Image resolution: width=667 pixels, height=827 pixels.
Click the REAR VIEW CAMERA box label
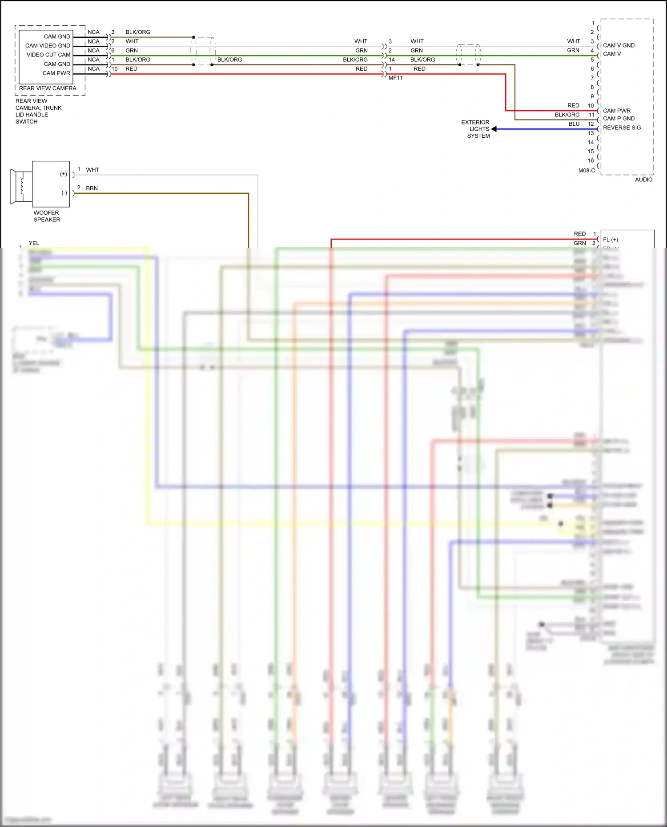coord(48,88)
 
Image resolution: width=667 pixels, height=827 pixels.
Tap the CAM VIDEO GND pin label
coord(48,46)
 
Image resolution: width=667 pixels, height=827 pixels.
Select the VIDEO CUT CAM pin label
coord(48,55)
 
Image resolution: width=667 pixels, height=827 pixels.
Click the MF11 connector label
coord(395,78)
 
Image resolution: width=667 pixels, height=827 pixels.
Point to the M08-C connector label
coord(587,171)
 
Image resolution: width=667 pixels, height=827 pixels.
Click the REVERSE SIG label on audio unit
coord(622,128)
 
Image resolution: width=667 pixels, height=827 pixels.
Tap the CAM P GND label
coord(619,119)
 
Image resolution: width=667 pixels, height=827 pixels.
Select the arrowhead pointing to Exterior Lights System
coord(494,129)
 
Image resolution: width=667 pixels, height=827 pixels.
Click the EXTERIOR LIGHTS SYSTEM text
coord(475,129)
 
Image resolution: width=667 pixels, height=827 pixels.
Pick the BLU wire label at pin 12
coord(574,124)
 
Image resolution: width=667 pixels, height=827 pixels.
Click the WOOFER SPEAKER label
coord(46,216)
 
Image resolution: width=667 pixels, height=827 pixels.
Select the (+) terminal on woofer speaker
coord(64,174)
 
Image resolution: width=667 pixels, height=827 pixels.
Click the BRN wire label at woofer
coord(92,188)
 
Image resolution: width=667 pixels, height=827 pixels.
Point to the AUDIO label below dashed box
coord(643,180)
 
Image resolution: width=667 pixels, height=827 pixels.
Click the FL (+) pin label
coord(610,240)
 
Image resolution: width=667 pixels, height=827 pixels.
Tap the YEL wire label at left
coord(34,243)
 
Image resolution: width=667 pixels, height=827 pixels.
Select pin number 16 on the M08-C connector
coord(591,160)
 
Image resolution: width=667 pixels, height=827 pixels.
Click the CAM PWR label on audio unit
coord(616,111)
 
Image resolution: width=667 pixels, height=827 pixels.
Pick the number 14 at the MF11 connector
coord(391,60)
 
